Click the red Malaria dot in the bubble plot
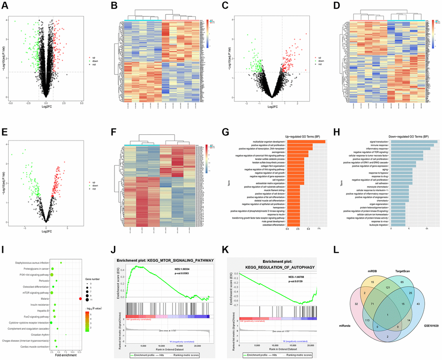pyautogui.click(x=81, y=298)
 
